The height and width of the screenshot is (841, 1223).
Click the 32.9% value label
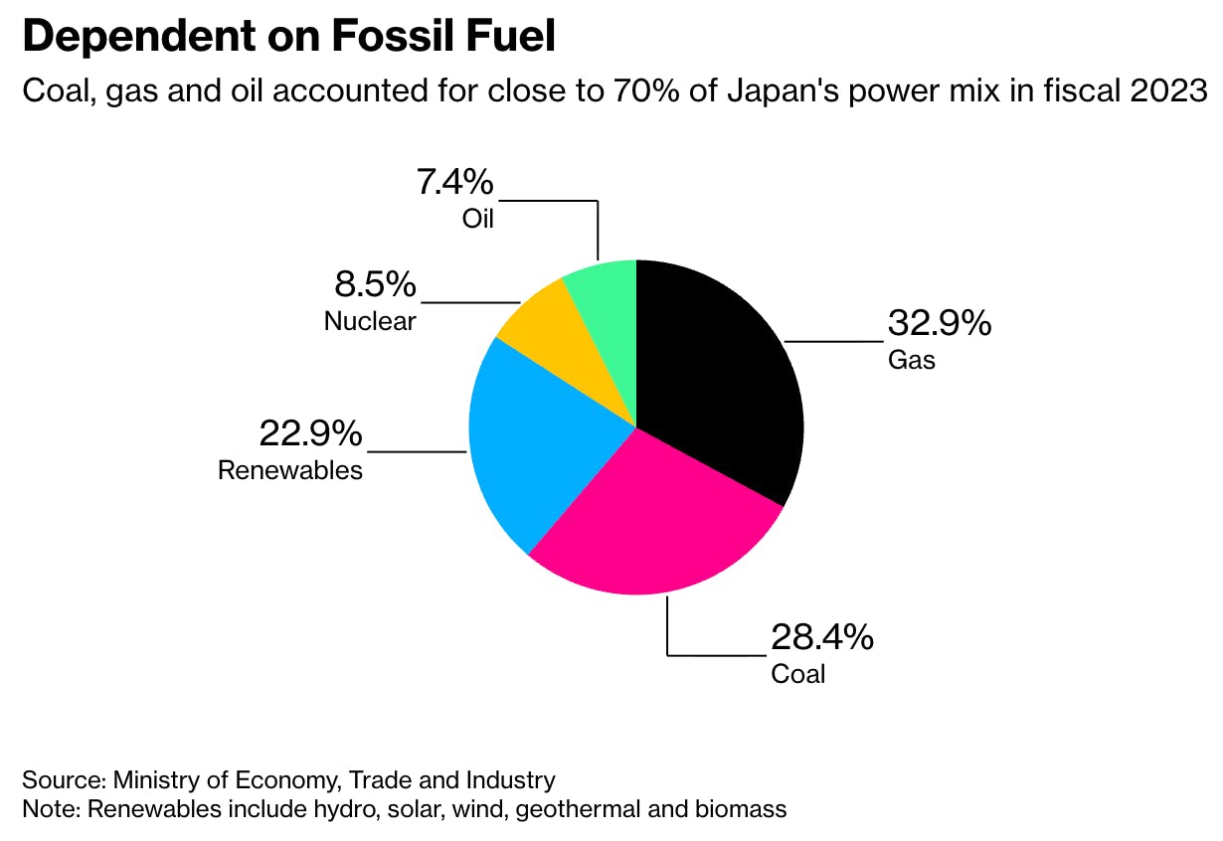939,323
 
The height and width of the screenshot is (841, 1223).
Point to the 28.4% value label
821,637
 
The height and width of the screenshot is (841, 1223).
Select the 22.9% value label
310,433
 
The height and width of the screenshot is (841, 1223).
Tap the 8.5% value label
374,285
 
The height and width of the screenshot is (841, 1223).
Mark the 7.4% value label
453,182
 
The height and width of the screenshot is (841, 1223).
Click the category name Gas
912,359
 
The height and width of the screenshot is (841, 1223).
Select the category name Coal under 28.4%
798,674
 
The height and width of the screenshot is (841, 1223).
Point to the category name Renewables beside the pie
290,469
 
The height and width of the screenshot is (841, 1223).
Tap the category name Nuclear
370,321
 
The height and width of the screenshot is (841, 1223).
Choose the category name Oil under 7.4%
477,218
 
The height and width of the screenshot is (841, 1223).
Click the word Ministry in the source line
157,778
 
